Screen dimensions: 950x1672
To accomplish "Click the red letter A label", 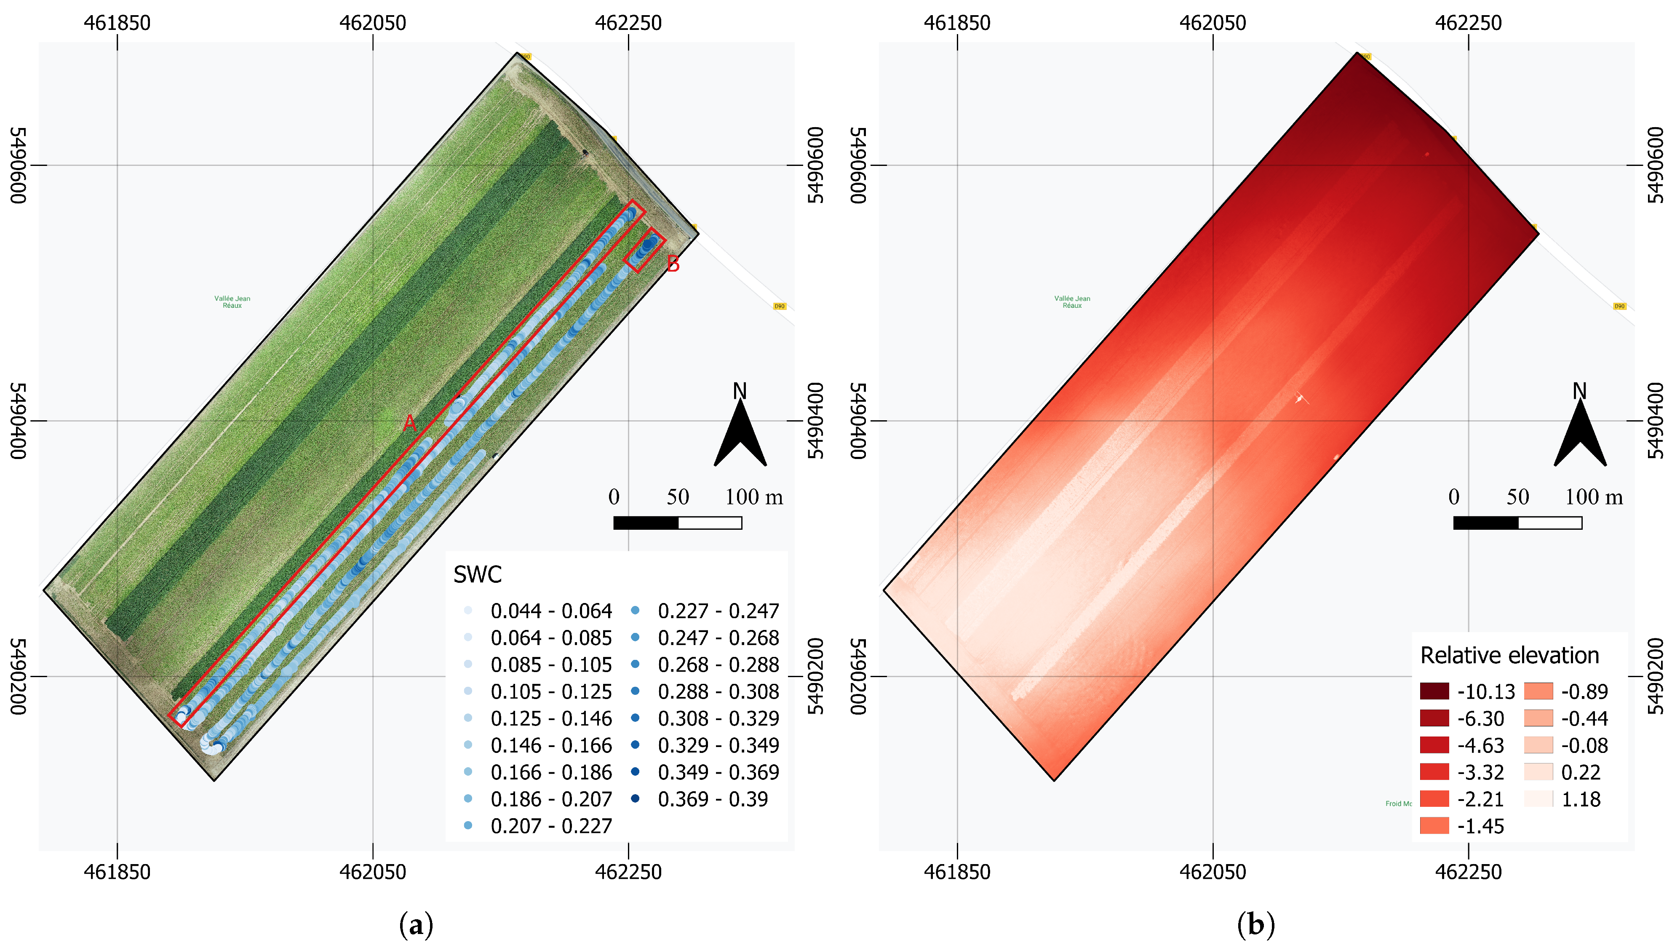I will click(410, 424).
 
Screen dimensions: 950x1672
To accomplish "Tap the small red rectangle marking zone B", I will click(644, 249).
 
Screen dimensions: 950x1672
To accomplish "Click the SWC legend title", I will click(478, 575).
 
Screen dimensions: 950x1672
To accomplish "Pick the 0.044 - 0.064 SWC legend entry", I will click(550, 611).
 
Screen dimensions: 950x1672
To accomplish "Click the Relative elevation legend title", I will click(1509, 656).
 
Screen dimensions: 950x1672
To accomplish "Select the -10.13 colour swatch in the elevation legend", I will click(1434, 691).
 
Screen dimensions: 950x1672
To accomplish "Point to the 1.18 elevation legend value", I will click(1581, 799).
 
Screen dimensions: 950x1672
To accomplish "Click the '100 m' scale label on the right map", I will click(1594, 497).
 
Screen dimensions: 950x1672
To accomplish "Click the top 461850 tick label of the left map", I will click(118, 23).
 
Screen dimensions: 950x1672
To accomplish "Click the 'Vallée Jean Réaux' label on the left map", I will click(232, 302).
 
